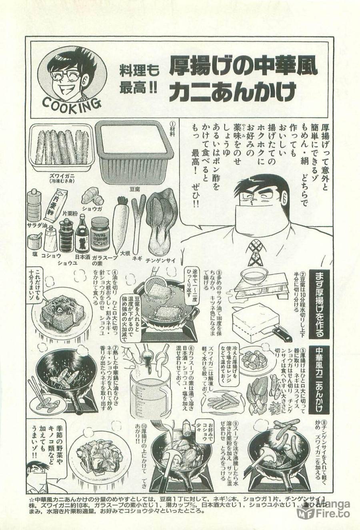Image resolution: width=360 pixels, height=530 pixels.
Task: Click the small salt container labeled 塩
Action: [35, 243]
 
